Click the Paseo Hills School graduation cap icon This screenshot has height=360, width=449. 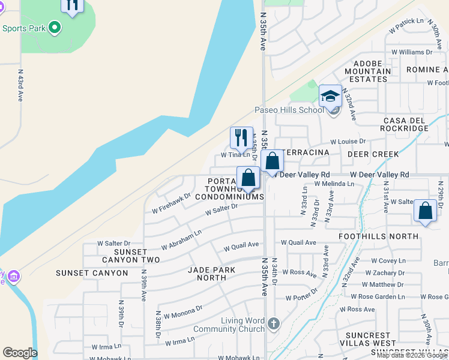(x=330, y=96)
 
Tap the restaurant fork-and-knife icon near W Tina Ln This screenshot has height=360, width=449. (x=241, y=137)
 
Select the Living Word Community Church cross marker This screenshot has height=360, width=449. (x=273, y=324)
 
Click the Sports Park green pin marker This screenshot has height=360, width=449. (x=55, y=27)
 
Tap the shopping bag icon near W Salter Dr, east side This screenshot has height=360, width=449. (x=425, y=211)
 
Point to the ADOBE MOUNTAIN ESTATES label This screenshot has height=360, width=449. (x=367, y=71)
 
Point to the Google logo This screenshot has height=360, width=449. (x=20, y=352)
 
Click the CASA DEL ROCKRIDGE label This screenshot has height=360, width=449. (x=404, y=125)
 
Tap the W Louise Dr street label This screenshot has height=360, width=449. (x=348, y=142)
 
